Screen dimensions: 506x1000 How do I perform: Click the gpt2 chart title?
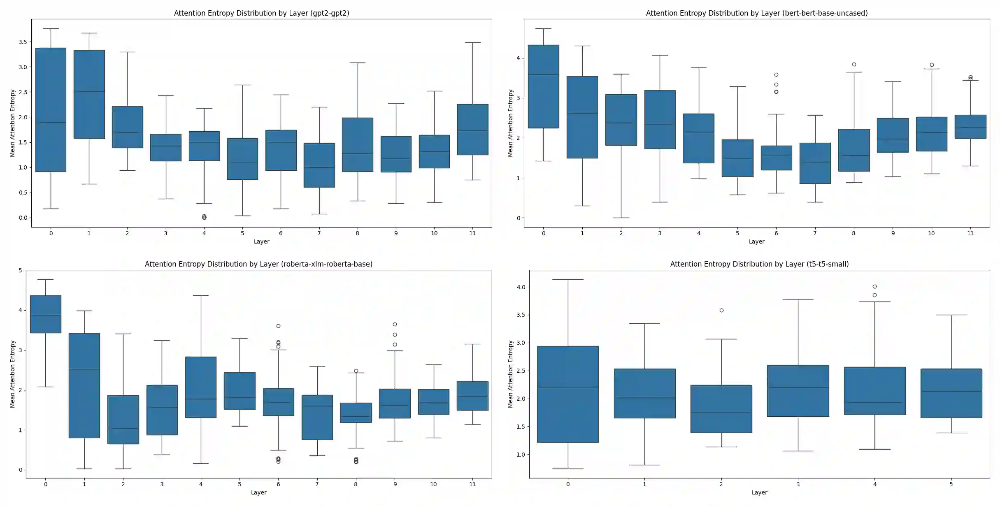261,13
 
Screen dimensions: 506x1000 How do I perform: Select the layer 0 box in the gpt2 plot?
51,109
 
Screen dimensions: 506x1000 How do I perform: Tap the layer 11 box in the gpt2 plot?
472,130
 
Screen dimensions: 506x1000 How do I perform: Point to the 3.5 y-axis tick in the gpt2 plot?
23,42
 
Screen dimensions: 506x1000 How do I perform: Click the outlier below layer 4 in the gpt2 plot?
204,217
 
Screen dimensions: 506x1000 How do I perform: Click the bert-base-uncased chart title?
756,13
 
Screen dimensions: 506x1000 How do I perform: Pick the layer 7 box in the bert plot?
815,163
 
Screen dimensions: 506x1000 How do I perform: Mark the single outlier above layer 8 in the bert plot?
854,65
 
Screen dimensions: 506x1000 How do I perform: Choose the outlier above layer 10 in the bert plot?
932,65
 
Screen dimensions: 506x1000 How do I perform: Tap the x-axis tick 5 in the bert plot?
737,233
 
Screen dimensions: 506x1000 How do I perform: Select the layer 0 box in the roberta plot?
46,314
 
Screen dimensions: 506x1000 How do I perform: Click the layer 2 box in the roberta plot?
123,420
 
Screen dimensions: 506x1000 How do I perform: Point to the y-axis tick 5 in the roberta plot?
20,270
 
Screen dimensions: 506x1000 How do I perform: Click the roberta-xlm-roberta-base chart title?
258,264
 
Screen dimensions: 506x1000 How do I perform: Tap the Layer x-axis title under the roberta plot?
258,492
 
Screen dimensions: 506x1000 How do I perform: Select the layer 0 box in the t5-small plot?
568,394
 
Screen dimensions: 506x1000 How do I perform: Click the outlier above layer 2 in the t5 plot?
721,311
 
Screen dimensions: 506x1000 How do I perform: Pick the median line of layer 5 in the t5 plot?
951,391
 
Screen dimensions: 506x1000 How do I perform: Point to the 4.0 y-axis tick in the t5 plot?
521,287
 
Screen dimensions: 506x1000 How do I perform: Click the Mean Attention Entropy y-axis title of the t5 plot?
510,374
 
